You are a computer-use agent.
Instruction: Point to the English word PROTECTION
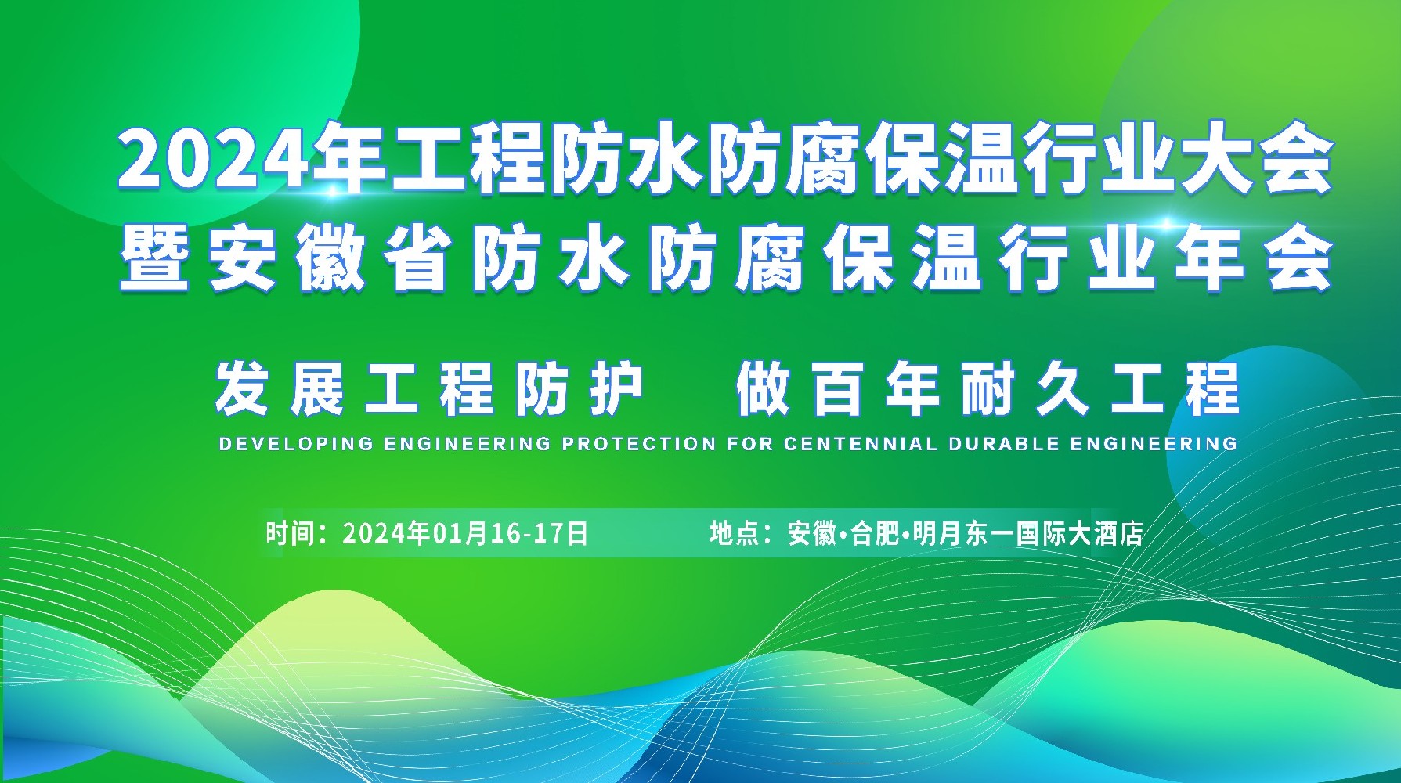tap(638, 444)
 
